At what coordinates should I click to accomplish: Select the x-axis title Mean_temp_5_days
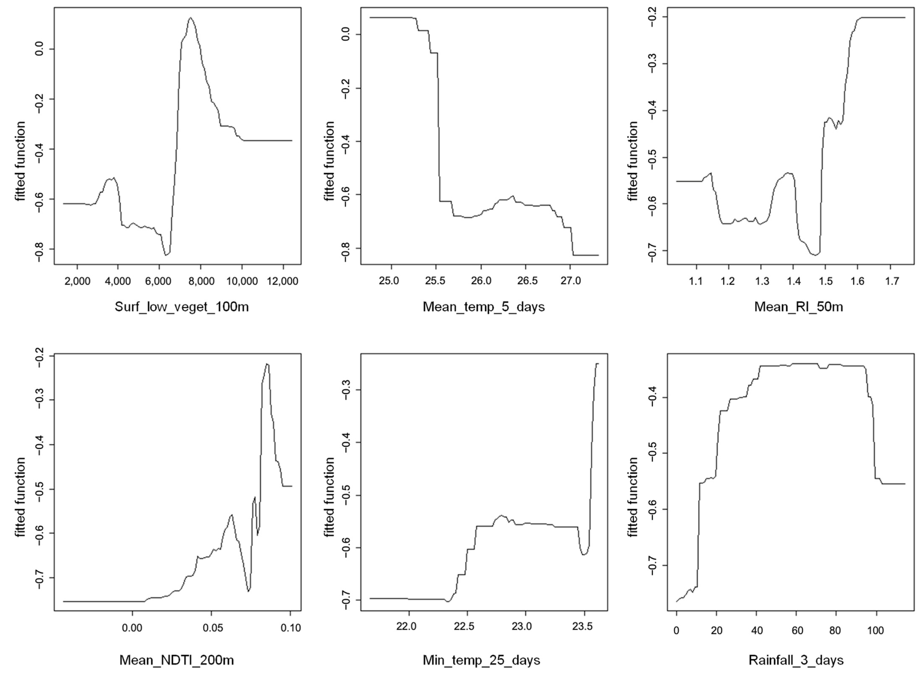click(483, 306)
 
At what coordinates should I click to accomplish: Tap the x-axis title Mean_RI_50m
click(798, 306)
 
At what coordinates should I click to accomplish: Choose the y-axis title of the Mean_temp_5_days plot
click(329, 161)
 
